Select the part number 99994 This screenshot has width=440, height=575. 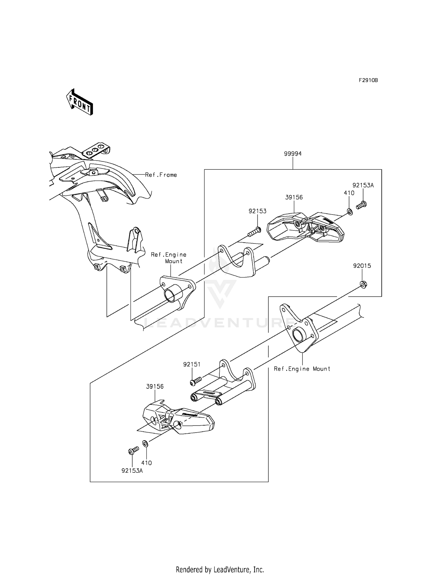[x=292, y=154]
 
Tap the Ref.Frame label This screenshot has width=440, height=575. [x=161, y=175]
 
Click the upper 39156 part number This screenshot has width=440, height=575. [x=294, y=198]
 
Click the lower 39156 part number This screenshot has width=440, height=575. [x=155, y=387]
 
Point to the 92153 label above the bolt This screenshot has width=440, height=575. [x=258, y=211]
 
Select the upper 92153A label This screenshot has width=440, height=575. [x=363, y=185]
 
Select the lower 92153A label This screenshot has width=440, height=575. [x=132, y=471]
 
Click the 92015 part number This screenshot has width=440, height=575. [x=362, y=266]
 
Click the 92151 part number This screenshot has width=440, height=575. [x=192, y=364]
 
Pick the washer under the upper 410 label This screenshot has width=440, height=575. [x=350, y=211]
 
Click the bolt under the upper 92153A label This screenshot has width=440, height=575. [x=362, y=205]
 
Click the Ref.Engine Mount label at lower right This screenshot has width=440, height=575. [x=302, y=369]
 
